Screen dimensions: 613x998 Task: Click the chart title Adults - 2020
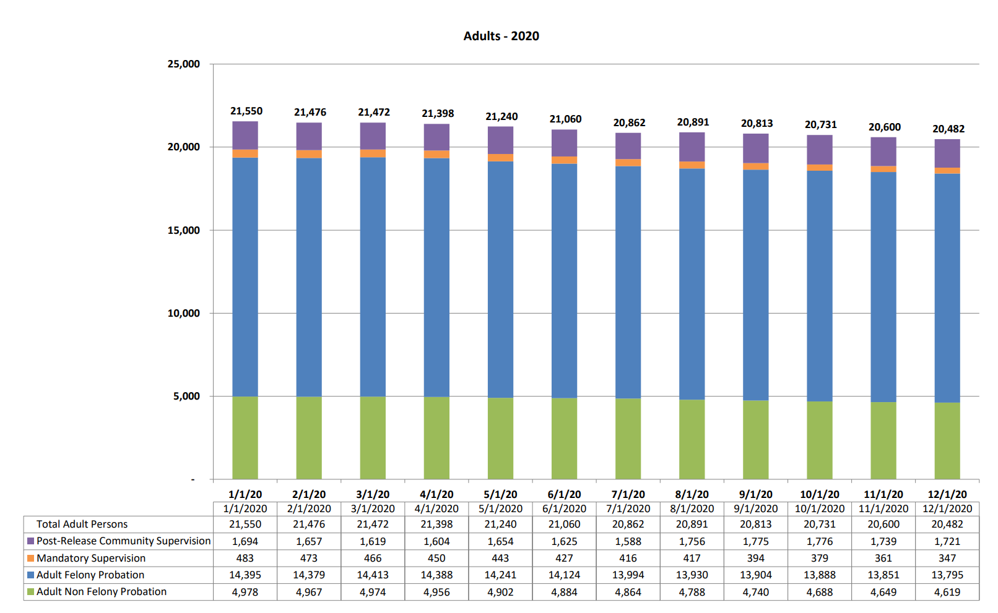(501, 36)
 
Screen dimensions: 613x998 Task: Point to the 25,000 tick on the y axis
(183, 64)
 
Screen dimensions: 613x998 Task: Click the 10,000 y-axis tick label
(183, 313)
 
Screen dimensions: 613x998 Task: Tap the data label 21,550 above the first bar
(246, 111)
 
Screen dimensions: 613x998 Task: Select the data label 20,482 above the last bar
(948, 129)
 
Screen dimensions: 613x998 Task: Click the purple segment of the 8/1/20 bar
(692, 147)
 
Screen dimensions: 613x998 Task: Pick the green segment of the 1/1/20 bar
(245, 437)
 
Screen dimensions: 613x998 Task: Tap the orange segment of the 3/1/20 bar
(373, 153)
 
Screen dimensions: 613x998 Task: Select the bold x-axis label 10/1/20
(819, 494)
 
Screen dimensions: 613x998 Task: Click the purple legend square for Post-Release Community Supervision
(30, 541)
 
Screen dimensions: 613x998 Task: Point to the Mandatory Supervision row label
(91, 558)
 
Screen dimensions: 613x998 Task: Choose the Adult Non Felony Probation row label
(102, 591)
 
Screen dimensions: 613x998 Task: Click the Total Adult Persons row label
(82, 524)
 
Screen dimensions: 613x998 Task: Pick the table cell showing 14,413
(373, 575)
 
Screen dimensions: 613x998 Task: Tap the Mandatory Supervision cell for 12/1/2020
(947, 558)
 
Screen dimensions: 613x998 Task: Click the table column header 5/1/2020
(500, 508)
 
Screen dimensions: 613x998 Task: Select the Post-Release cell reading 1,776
(819, 541)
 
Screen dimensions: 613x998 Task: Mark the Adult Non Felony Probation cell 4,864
(628, 592)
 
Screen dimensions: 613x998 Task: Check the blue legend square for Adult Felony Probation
(30, 575)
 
